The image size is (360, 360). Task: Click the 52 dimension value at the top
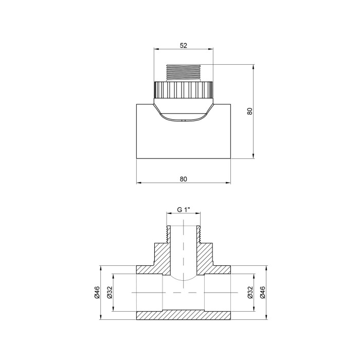[x=184, y=45]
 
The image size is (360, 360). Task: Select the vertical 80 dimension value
[x=250, y=112]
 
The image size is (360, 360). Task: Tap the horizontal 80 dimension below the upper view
[x=184, y=179]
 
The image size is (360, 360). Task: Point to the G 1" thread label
[x=184, y=210]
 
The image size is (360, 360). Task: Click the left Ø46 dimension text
[x=97, y=293]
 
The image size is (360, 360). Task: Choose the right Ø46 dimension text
[x=263, y=293]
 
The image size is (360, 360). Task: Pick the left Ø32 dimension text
[x=110, y=293]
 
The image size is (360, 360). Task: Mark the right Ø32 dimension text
[x=250, y=293]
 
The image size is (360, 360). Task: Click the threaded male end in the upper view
[x=184, y=73]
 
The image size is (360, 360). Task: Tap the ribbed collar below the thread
[x=184, y=90]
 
